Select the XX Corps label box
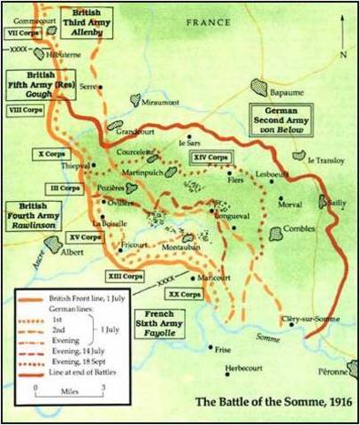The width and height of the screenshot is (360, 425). [186, 293]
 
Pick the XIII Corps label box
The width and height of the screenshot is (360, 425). [125, 277]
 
